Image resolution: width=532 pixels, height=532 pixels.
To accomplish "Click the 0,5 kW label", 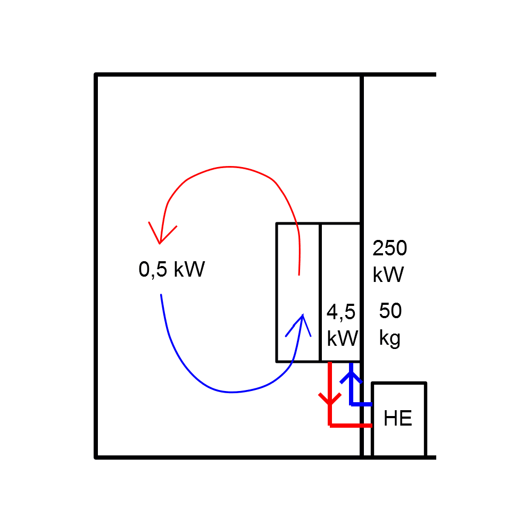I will (171, 270).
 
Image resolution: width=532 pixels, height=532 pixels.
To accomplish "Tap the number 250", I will (389, 248).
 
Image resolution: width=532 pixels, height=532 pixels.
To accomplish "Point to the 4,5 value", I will (341, 312).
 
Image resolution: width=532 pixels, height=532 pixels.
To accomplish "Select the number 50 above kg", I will (390, 311).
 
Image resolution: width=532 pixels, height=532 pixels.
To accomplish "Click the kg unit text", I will (390, 338).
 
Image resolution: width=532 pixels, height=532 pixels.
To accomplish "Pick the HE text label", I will (398, 419).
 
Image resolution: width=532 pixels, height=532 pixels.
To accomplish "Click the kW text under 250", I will (388, 275).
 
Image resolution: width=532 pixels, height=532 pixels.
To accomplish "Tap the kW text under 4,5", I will (342, 338).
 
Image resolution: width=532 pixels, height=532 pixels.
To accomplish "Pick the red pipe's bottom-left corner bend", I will (330, 425).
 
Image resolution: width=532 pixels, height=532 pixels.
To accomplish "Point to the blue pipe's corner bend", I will (351, 404).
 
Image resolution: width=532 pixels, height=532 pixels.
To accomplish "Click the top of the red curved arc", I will (229, 167).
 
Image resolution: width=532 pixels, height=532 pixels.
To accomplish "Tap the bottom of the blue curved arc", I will (231, 393).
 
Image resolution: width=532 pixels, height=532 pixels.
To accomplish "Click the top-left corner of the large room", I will (96, 75).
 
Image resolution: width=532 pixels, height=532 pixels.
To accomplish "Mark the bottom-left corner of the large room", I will (96, 457).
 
